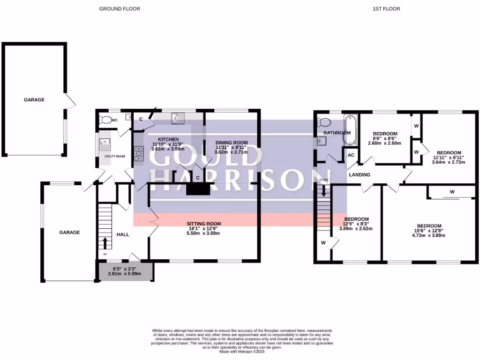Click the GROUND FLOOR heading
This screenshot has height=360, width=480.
pyautogui.click(x=120, y=8)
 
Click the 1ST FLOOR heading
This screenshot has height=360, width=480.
pyautogui.click(x=386, y=8)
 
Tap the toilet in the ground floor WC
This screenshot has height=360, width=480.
pyautogui.click(x=106, y=120)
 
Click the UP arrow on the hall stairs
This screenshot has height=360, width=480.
pyautogui.click(x=105, y=243)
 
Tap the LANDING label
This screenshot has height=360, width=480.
pyautogui.click(x=360, y=175)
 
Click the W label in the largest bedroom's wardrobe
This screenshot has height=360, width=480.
pyautogui.click(x=452, y=192)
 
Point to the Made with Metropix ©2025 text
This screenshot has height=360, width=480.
pyautogui.click(x=242, y=352)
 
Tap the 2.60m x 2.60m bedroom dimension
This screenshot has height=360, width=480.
pyautogui.click(x=384, y=143)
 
